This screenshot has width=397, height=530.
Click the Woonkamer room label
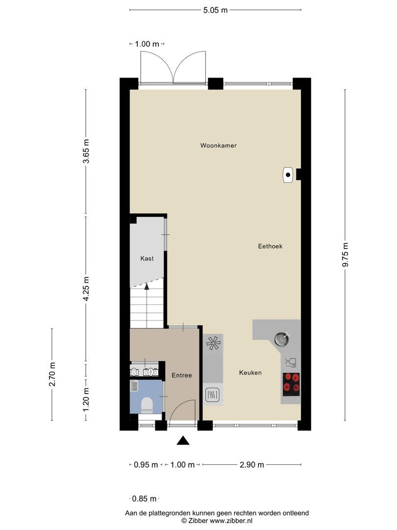click(218, 145)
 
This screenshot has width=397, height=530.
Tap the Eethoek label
click(271, 246)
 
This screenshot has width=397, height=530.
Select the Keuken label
click(250, 372)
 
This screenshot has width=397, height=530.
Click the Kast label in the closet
click(147, 258)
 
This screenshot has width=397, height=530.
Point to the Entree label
click(181, 375)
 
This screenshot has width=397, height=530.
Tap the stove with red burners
click(291, 384)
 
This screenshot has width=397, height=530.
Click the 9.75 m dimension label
click(346, 255)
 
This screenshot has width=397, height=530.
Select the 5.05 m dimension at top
click(216, 10)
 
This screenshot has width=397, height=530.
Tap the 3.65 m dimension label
click(86, 152)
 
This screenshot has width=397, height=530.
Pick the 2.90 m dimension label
click(252, 465)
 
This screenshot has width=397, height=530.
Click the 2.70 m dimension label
click(52, 374)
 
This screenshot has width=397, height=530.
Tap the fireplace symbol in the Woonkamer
click(288, 175)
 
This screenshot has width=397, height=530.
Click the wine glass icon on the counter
click(291, 363)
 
